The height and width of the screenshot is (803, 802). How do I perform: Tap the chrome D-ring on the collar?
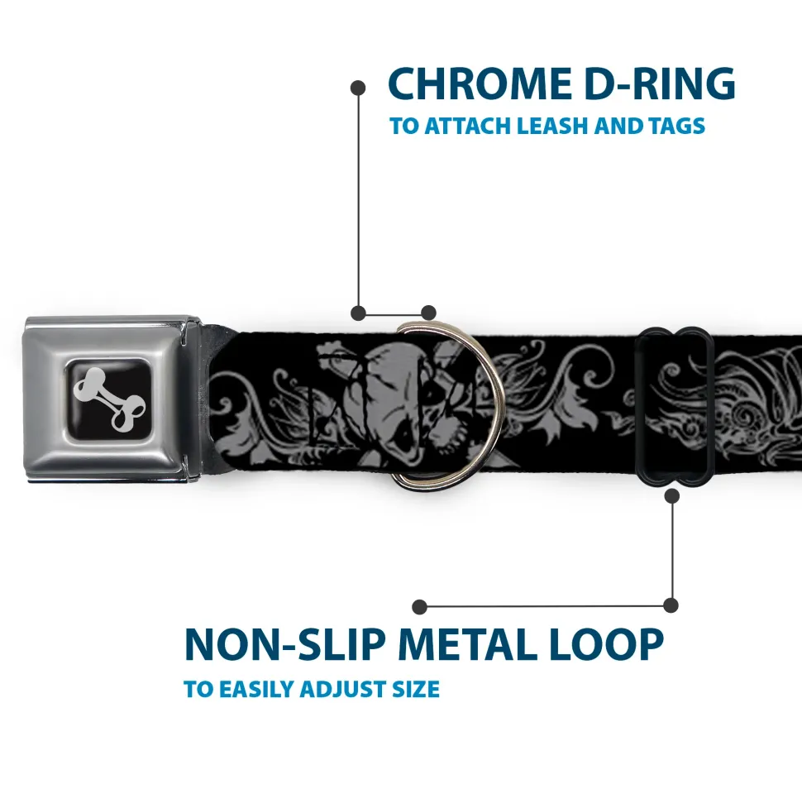[x=492, y=404]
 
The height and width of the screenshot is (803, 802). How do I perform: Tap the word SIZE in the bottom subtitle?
[x=416, y=690]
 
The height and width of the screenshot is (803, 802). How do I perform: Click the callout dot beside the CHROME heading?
[x=358, y=88]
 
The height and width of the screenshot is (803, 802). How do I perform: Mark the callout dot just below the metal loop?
[x=672, y=495]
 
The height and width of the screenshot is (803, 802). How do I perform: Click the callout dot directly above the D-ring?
[x=428, y=313]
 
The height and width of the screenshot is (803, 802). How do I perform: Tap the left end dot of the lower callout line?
[x=419, y=607]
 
